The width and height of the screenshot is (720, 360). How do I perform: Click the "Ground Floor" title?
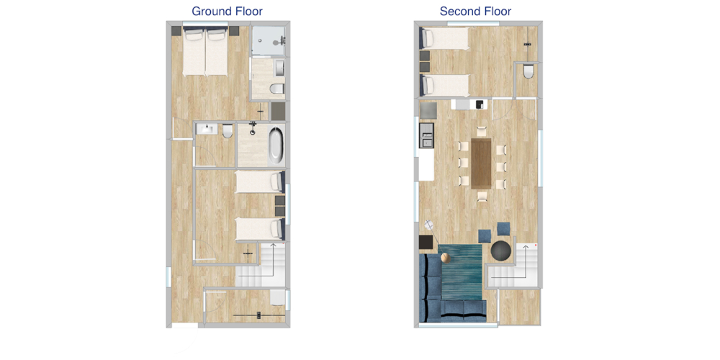click(x=227, y=11)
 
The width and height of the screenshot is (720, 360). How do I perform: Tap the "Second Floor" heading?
click(x=475, y=11)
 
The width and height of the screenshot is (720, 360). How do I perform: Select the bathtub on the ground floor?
click(x=276, y=145)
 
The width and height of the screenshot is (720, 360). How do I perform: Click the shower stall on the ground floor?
click(x=269, y=41)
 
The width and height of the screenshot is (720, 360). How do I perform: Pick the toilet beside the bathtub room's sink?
click(x=226, y=131)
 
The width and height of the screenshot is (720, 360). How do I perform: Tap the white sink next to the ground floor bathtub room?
click(x=207, y=129)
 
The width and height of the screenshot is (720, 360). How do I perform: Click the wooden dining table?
click(x=481, y=163)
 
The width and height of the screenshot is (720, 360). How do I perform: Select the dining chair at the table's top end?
click(x=481, y=131)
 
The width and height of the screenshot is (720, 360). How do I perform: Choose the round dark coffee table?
click(x=500, y=251)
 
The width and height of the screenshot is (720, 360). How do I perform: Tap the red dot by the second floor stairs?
click(x=536, y=246)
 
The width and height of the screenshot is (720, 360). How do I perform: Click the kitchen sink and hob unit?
click(x=427, y=135)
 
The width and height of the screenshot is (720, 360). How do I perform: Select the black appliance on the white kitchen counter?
click(x=480, y=104)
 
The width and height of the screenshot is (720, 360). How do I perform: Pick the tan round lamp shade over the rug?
click(x=444, y=258)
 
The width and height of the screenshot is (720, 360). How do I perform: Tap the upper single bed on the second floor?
click(x=444, y=38)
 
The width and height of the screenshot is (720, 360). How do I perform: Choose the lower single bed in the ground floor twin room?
click(x=259, y=229)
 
